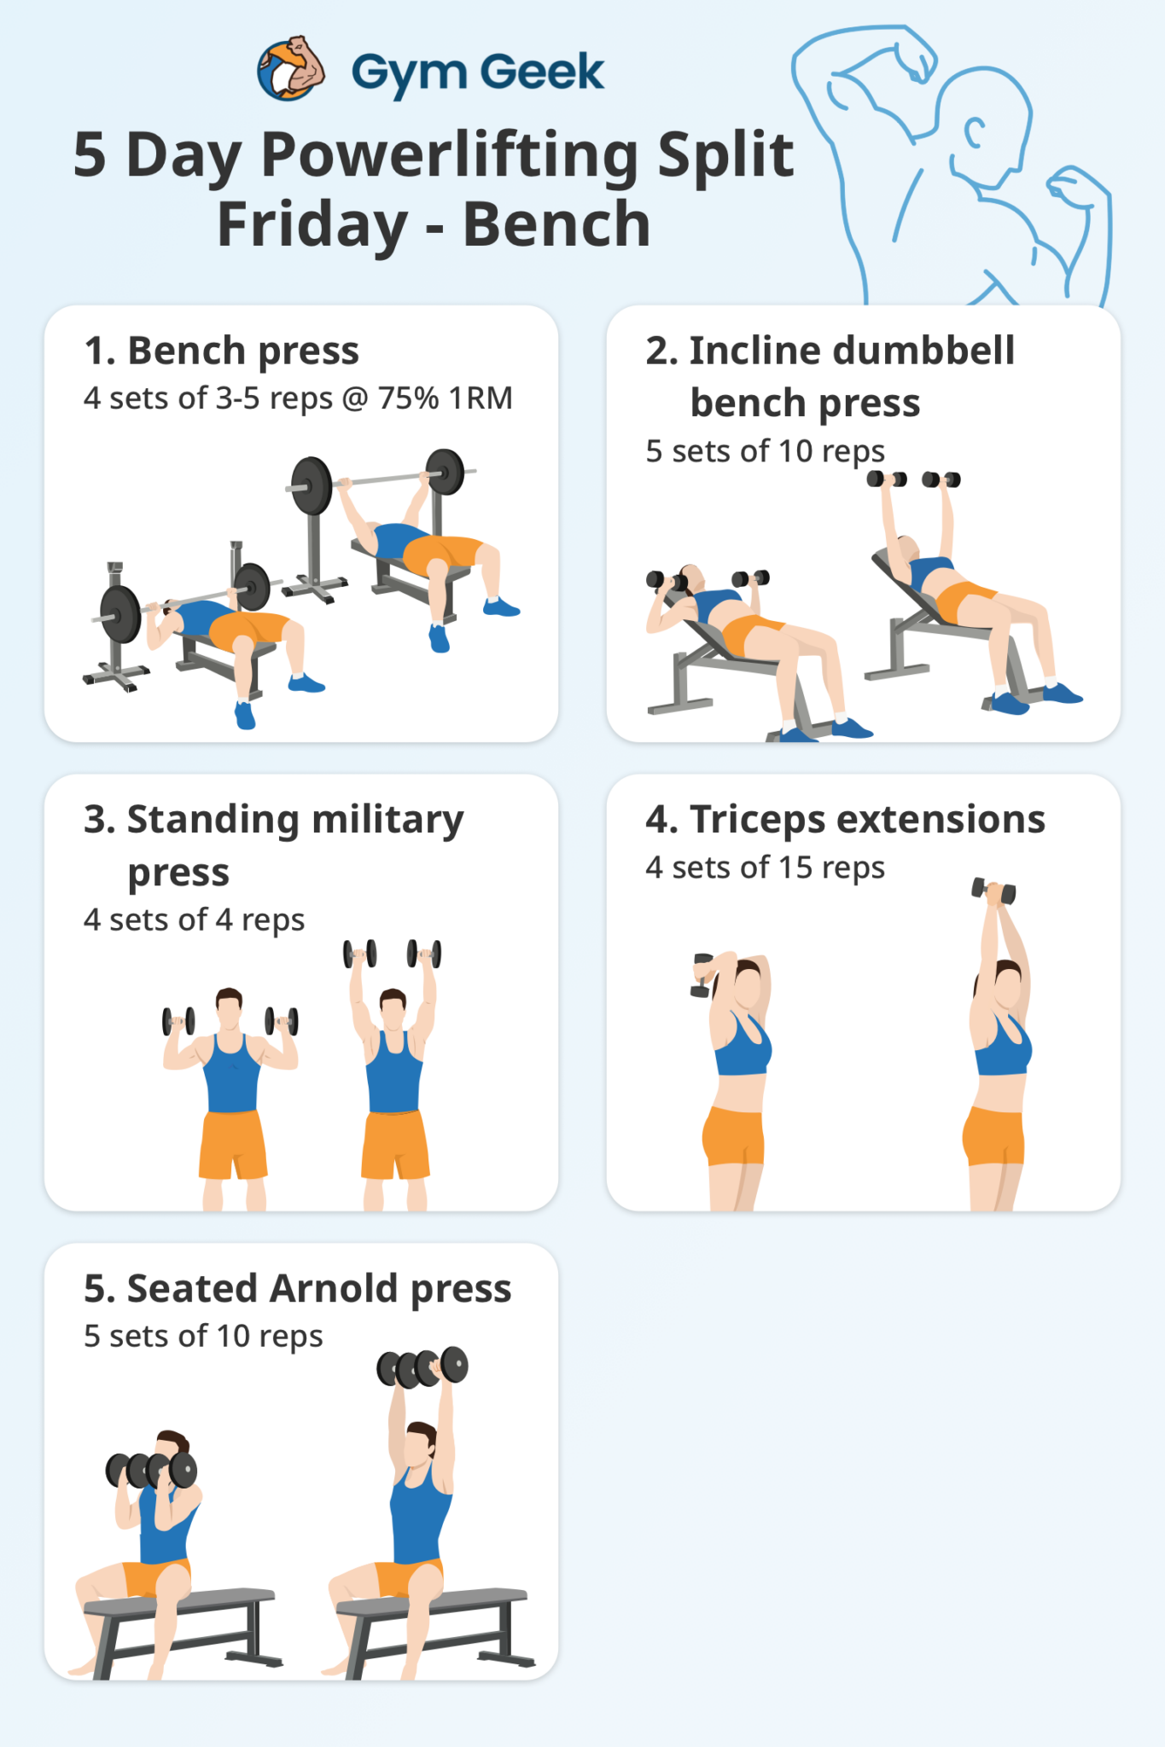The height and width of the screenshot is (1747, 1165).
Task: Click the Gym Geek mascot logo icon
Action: point(291,69)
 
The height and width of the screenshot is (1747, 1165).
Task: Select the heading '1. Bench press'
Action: point(222,351)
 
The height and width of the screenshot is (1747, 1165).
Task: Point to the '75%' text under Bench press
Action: point(409,398)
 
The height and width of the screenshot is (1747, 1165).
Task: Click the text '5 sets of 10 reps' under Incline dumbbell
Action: point(765,451)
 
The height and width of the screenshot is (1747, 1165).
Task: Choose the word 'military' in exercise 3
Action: point(387,820)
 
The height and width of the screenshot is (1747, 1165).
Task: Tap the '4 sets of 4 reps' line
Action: point(194,920)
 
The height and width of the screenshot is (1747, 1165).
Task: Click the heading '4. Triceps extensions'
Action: point(845,820)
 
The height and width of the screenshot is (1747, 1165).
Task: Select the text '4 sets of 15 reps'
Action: point(765,868)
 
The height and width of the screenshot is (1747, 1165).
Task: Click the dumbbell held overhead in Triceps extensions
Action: point(993,891)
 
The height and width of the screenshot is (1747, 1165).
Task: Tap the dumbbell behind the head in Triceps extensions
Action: point(702,975)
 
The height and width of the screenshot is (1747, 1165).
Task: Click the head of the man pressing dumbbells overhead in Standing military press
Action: point(393,1007)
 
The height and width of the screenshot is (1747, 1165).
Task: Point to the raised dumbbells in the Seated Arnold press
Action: point(422,1367)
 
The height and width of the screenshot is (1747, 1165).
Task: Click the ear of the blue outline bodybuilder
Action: point(974,133)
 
